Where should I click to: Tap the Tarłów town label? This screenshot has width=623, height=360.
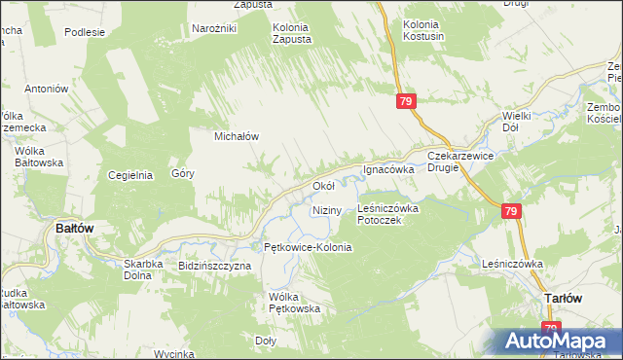563,299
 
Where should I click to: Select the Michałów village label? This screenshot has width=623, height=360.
237,137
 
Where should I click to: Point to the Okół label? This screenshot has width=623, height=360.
323,185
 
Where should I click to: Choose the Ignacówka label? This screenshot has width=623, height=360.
389,169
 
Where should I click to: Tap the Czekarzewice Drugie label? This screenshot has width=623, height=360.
457,162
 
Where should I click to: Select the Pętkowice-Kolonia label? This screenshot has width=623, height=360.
302,248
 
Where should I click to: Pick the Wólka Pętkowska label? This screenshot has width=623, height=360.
295,303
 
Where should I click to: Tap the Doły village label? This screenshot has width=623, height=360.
265,341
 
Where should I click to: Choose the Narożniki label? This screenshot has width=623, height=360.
215,29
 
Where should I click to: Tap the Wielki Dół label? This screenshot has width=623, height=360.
516,122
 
